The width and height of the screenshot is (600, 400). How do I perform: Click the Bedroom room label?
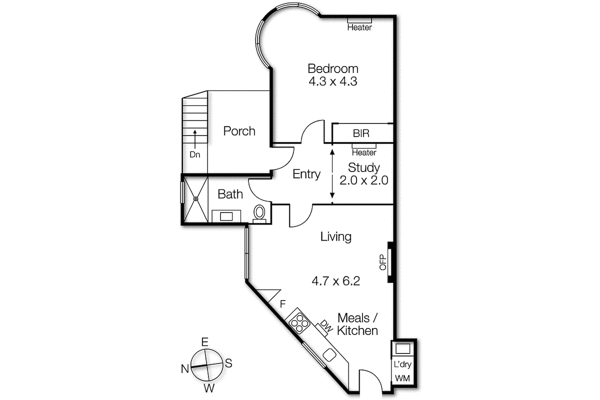[333, 69]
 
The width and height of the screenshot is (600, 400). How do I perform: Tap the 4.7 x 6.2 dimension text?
[336, 281]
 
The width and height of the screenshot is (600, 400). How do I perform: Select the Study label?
[364, 168]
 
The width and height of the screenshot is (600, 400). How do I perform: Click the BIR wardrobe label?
[361, 133]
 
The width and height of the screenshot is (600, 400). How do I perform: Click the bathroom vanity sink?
[226, 216]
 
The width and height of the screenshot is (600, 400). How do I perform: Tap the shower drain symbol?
[196, 199]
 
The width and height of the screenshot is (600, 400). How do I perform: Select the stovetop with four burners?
[299, 323]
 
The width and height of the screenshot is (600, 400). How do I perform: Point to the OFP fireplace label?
[383, 262]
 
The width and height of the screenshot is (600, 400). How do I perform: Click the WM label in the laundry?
[402, 378]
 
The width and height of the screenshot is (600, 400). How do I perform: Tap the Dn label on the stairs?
[195, 154]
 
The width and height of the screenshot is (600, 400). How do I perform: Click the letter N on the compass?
[185, 369]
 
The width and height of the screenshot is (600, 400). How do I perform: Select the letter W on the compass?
[209, 388]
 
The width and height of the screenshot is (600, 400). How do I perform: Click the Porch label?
[239, 131]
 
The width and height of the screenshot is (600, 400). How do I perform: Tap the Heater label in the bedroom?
[359, 27]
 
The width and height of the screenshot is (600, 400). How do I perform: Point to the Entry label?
[306, 174]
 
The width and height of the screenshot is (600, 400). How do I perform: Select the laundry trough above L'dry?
[402, 348]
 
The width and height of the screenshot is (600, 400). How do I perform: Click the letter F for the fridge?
[282, 304]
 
